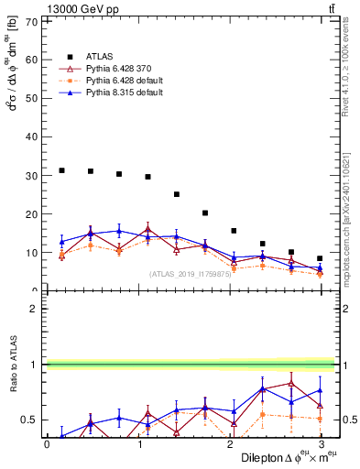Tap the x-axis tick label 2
(229, 444)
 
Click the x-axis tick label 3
(320, 444)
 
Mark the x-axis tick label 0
(47, 444)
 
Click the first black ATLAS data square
(61, 170)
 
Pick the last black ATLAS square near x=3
(320, 258)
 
